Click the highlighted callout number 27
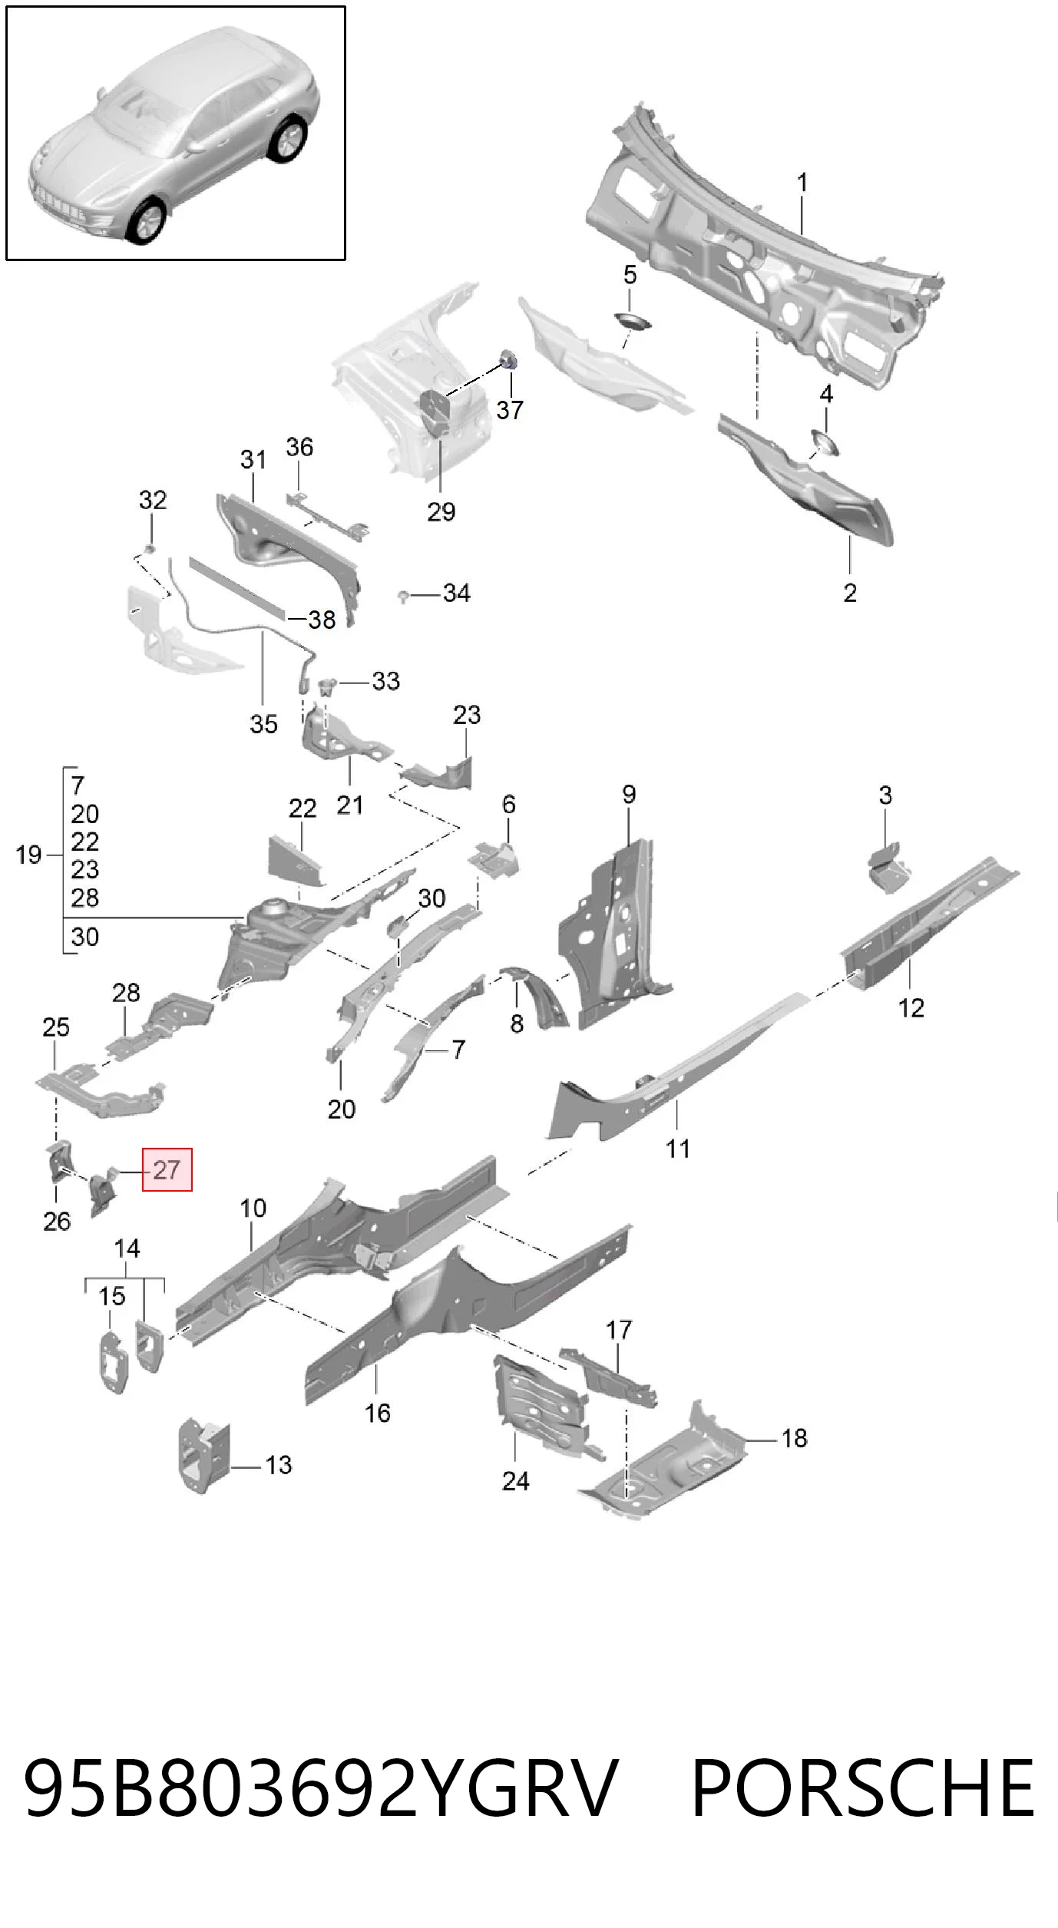(x=167, y=1169)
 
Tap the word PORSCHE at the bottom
(x=863, y=1788)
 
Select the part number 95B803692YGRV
(x=321, y=1788)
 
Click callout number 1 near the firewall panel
(x=802, y=183)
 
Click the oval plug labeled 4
(x=825, y=443)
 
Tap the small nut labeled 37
(x=508, y=359)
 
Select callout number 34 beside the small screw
(x=456, y=593)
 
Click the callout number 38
(x=322, y=619)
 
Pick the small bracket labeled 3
(x=889, y=868)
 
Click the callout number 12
(x=911, y=1008)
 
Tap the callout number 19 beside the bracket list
(x=28, y=855)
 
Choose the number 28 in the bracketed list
(x=84, y=897)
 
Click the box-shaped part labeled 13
(x=204, y=1456)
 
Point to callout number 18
(x=795, y=1438)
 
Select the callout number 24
(x=516, y=1481)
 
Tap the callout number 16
(x=377, y=1413)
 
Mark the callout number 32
(x=153, y=500)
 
